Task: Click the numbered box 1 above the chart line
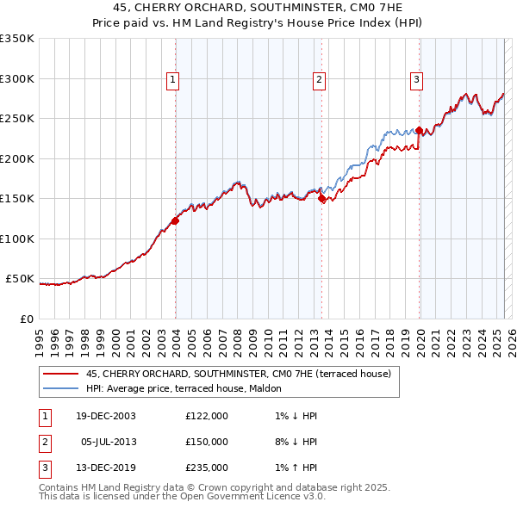click(x=172, y=80)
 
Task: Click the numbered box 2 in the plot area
click(x=319, y=80)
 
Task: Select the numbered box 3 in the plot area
click(x=416, y=80)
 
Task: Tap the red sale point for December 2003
click(x=175, y=220)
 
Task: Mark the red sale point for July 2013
click(x=321, y=199)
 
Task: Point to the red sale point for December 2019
click(x=420, y=131)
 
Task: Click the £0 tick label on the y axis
click(x=26, y=319)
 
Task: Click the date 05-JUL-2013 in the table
click(x=109, y=442)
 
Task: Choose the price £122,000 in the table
click(x=207, y=416)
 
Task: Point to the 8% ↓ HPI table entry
click(x=292, y=442)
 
